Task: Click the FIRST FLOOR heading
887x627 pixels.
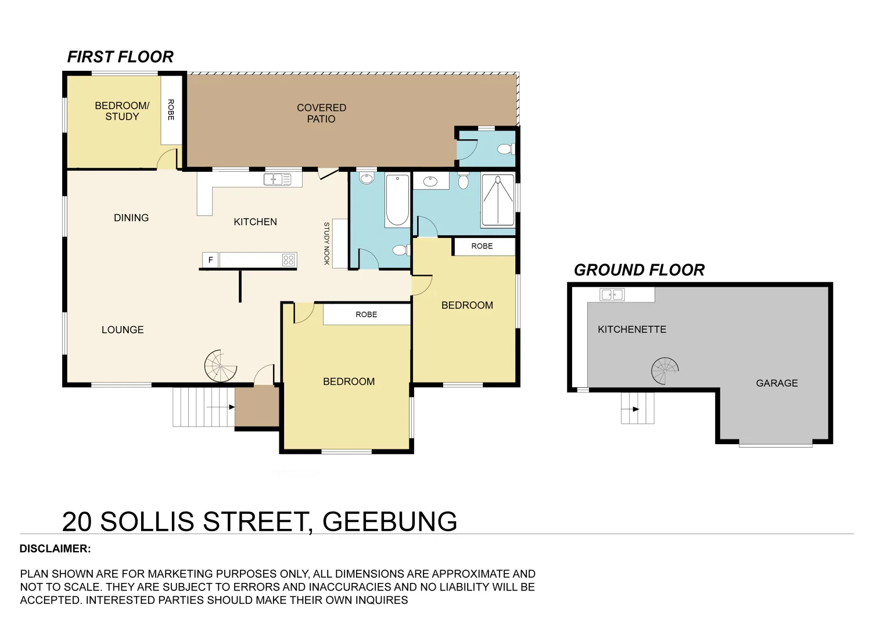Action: click(x=120, y=57)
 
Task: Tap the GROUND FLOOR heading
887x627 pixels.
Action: click(x=639, y=270)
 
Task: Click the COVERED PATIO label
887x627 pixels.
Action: click(x=321, y=113)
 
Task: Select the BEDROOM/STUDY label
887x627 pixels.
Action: click(x=122, y=111)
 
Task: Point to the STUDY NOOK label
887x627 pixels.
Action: click(x=326, y=243)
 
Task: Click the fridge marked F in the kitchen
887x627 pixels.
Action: click(x=210, y=260)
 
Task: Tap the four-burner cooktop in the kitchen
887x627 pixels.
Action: click(x=289, y=260)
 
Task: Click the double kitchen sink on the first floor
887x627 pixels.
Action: click(x=277, y=179)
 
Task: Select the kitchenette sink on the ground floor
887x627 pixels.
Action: click(x=612, y=295)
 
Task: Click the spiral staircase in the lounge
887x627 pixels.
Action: click(x=221, y=366)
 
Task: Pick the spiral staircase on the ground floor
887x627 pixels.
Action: click(x=665, y=370)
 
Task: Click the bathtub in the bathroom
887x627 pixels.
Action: click(x=397, y=200)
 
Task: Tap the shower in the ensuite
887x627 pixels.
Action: click(x=498, y=200)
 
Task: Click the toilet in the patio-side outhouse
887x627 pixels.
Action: click(x=505, y=150)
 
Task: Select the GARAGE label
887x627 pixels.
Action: click(x=777, y=383)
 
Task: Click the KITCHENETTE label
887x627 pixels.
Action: click(x=632, y=329)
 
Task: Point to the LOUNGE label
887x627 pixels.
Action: click(x=123, y=330)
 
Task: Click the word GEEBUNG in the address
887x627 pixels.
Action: click(x=390, y=521)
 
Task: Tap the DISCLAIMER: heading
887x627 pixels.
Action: click(x=55, y=549)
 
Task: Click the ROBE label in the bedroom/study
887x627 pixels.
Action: click(x=171, y=110)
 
